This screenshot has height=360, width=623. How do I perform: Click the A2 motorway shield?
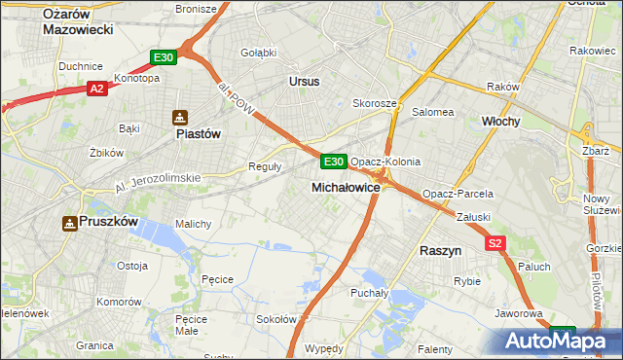click(x=96, y=89)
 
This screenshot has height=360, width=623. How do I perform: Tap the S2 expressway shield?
click(x=496, y=243)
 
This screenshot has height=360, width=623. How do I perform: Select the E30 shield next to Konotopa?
click(x=164, y=58)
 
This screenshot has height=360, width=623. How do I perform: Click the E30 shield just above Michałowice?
click(x=333, y=161)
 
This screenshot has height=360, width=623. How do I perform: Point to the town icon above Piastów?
click(x=180, y=118)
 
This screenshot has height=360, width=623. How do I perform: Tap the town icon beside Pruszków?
click(x=70, y=223)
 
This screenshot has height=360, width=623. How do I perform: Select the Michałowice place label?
click(x=346, y=186)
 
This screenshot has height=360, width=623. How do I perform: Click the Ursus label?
click(x=304, y=82)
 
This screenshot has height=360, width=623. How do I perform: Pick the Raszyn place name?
click(x=440, y=250)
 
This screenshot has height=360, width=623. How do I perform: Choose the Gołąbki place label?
click(x=258, y=52)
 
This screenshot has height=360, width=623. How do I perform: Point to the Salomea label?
click(x=433, y=112)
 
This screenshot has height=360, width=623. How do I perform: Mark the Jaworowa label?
click(x=518, y=314)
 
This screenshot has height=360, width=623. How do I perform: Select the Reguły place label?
click(x=265, y=165)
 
